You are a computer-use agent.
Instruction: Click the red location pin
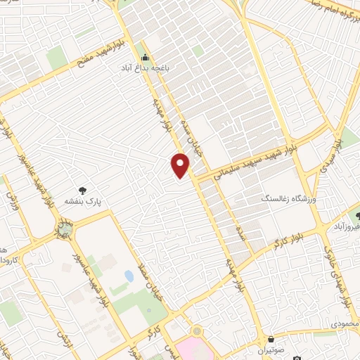click(x=181, y=165)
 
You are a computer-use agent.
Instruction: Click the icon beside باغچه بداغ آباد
click(x=146, y=58)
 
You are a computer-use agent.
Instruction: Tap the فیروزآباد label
click(x=346, y=228)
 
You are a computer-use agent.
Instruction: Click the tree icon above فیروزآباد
click(x=356, y=217)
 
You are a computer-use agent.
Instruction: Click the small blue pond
click(x=129, y=275)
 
